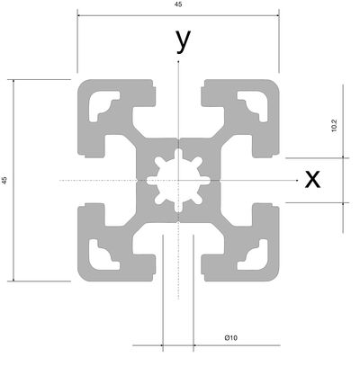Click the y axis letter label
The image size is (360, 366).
tap(184, 41)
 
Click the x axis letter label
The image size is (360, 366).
tap(312, 179)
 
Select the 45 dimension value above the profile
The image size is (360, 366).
tap(178, 4)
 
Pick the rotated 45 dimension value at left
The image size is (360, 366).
tap(4, 180)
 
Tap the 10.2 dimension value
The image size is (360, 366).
tap(334, 125)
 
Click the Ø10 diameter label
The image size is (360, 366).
tap(231, 338)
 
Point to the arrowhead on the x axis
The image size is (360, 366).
tap(297, 181)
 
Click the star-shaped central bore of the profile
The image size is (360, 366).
tap(178, 181)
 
